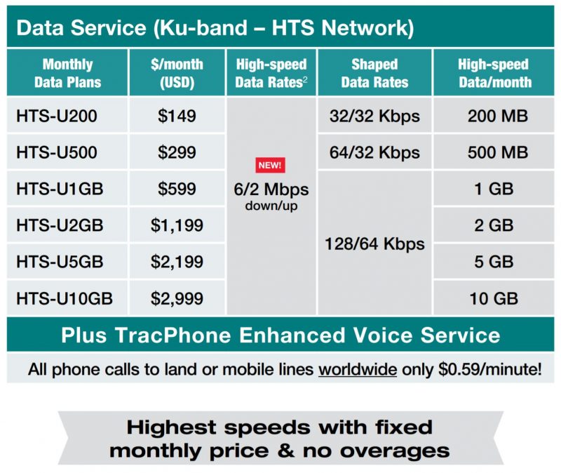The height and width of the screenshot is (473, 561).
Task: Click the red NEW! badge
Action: point(271,166)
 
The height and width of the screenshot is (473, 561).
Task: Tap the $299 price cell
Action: point(177,153)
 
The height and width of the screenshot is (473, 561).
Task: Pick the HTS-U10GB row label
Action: point(65,299)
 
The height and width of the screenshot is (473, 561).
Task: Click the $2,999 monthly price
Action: point(177,299)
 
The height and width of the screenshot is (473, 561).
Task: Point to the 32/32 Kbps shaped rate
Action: point(375,116)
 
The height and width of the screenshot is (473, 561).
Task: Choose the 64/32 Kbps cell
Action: point(375,153)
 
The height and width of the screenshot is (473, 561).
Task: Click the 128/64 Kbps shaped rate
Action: point(375,244)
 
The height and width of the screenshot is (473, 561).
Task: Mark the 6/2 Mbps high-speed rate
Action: point(271,190)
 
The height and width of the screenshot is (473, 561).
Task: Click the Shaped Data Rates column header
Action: point(374,73)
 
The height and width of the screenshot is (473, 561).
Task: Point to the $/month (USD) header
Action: point(177,73)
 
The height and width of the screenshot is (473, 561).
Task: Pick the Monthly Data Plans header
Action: point(68,73)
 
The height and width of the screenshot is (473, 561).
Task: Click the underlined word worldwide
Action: point(358,369)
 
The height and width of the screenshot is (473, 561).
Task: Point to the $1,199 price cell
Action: point(177,226)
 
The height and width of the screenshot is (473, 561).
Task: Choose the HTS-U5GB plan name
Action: point(60,262)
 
